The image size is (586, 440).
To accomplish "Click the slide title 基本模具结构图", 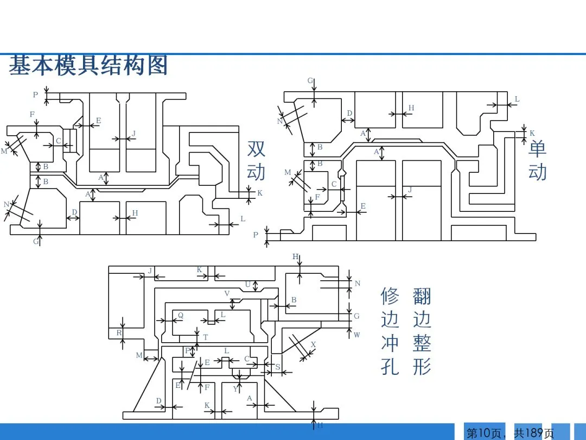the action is [x=88, y=65].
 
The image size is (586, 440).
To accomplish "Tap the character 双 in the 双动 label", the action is [x=256, y=149].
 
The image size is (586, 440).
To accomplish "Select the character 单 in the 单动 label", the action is [x=537, y=148].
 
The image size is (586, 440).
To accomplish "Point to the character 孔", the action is [x=390, y=367].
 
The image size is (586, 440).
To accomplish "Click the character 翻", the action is [x=422, y=297].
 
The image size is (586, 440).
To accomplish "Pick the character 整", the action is [x=422, y=343].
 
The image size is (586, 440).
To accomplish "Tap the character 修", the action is [x=390, y=297].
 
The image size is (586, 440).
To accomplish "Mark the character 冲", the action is [x=390, y=343].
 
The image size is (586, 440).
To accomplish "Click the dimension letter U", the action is [x=248, y=285].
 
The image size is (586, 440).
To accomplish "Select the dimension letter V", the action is [x=227, y=294].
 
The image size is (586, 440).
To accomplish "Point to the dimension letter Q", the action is [x=181, y=316].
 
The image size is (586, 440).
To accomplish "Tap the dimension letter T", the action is [x=205, y=337].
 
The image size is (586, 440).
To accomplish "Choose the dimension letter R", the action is [x=119, y=332].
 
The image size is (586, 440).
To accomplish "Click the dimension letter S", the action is [x=277, y=367].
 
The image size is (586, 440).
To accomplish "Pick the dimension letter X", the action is [x=313, y=344].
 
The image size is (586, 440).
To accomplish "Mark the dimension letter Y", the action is [x=235, y=389].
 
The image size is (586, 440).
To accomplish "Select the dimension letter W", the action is [x=356, y=335].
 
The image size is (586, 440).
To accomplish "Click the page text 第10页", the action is [x=483, y=433].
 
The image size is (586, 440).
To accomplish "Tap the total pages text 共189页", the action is [x=534, y=433].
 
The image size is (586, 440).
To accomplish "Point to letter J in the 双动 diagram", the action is [x=133, y=134].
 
